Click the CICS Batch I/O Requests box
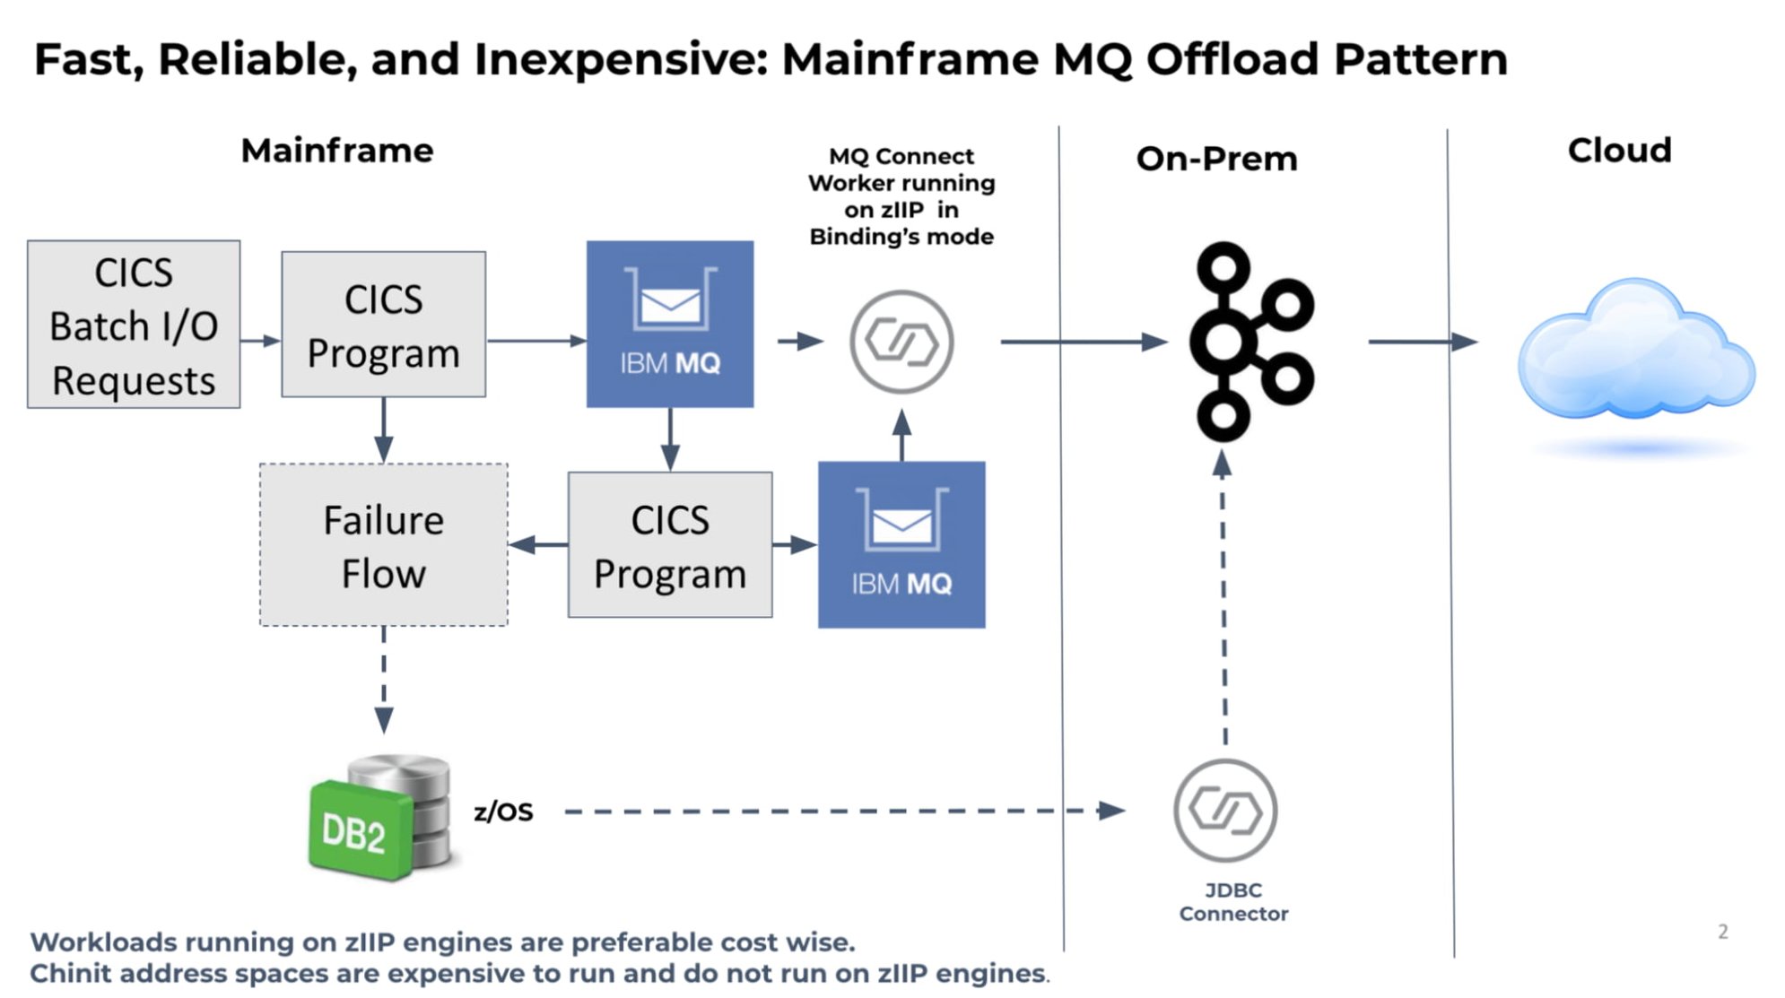[134, 325]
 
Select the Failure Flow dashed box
[383, 545]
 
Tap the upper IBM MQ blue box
[670, 324]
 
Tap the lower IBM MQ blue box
[901, 544]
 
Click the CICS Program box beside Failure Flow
[670, 545]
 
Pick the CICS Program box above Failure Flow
[383, 325]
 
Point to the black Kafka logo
[1249, 342]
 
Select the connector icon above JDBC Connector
[1225, 811]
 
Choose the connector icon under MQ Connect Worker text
[901, 342]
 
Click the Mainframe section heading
[337, 151]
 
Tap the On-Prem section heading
[1216, 159]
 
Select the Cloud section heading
[1619, 151]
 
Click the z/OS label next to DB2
[503, 811]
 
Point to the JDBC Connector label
[1233, 902]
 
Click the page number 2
[1722, 932]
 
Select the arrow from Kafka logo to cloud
[1421, 342]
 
